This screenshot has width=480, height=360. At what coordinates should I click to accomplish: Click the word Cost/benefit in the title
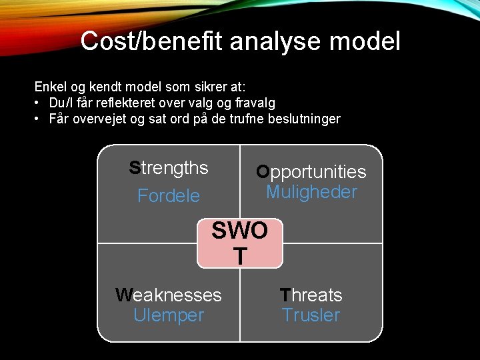point(152,41)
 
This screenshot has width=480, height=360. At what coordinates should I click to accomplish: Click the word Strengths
point(169,168)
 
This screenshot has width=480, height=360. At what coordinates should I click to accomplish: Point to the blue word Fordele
point(169,196)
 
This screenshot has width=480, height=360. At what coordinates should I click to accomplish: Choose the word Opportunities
point(311,172)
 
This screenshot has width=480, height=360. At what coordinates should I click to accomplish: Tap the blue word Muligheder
point(311,192)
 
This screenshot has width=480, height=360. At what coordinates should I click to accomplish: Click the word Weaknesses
point(169,295)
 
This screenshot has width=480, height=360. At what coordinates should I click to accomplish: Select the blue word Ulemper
point(169,315)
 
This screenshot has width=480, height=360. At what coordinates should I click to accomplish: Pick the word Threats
point(311,295)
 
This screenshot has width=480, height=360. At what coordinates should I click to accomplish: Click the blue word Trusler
point(311,315)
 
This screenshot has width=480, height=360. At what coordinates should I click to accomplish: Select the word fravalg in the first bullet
point(253,103)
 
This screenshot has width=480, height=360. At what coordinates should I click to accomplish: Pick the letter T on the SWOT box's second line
point(240,255)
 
